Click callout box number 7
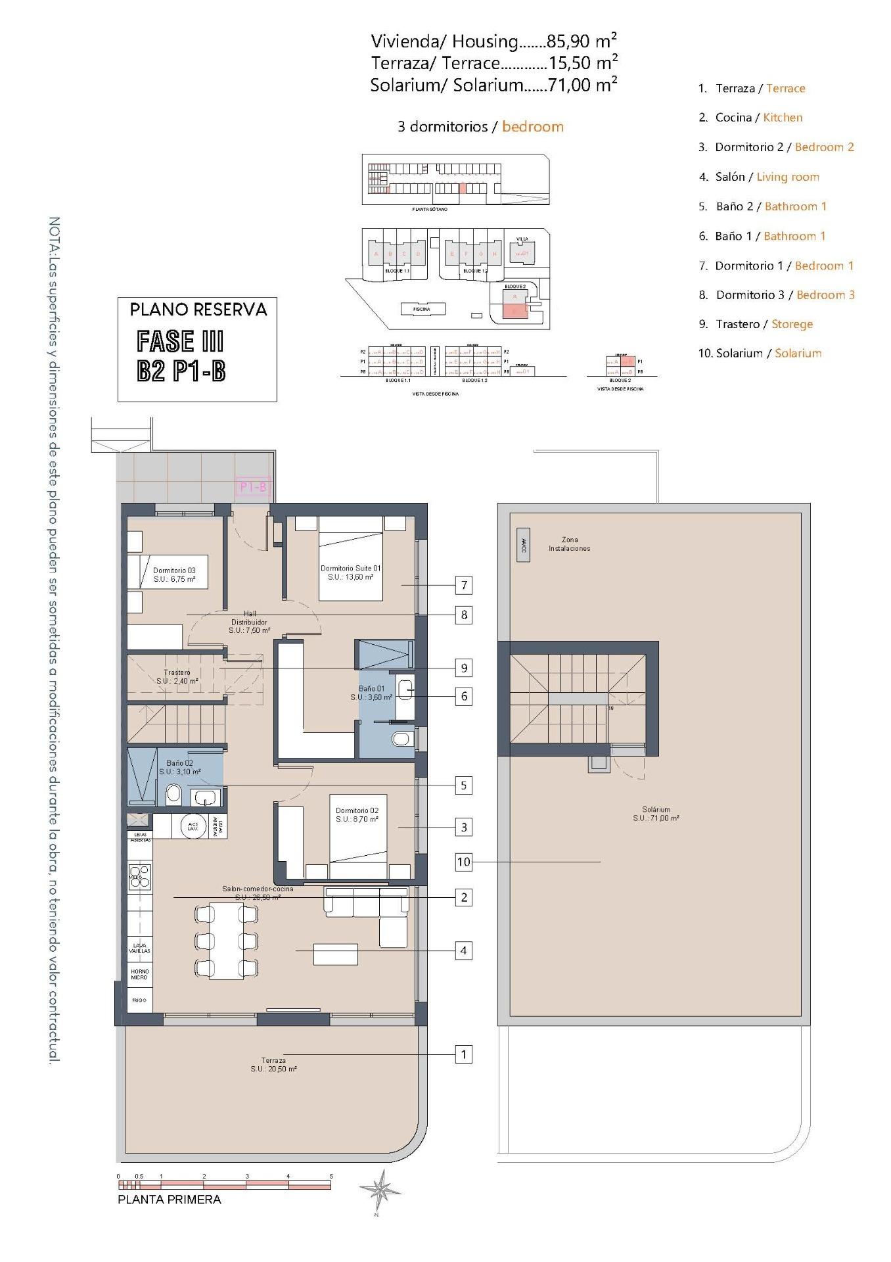464,585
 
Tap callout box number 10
464,861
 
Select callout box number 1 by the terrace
464,1054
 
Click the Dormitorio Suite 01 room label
350,573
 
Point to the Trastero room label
177,677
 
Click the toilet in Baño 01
401,739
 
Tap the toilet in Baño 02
173,794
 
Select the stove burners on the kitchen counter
140,877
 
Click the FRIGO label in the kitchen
139,1000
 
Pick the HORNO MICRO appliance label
139,974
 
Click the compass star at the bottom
380,1190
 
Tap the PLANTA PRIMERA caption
169,1200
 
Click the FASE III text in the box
180,342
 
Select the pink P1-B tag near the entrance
253,487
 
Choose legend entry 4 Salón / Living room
758,177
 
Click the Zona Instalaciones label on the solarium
569,544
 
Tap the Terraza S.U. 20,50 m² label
273,1065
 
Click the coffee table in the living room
335,954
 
